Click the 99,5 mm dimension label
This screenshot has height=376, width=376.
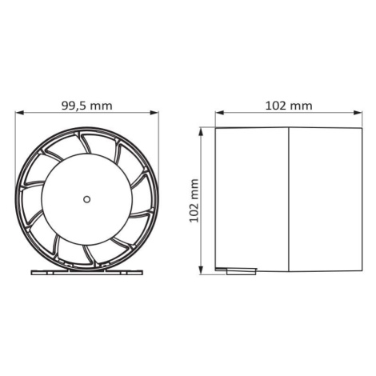click(x=87, y=106)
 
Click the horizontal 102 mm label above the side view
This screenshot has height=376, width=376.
click(x=289, y=106)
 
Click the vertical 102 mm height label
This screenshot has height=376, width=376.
click(x=194, y=201)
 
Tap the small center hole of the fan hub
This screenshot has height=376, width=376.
click(x=86, y=199)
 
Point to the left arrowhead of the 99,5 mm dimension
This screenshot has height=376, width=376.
click(x=19, y=113)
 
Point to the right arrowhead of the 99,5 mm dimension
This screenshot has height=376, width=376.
click(x=154, y=113)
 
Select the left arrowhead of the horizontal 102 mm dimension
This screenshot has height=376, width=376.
click(x=220, y=113)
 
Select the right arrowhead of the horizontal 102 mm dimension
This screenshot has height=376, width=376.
click(x=358, y=113)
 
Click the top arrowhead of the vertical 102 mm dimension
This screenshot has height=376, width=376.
click(x=202, y=132)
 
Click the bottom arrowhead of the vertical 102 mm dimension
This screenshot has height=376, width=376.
click(x=202, y=270)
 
